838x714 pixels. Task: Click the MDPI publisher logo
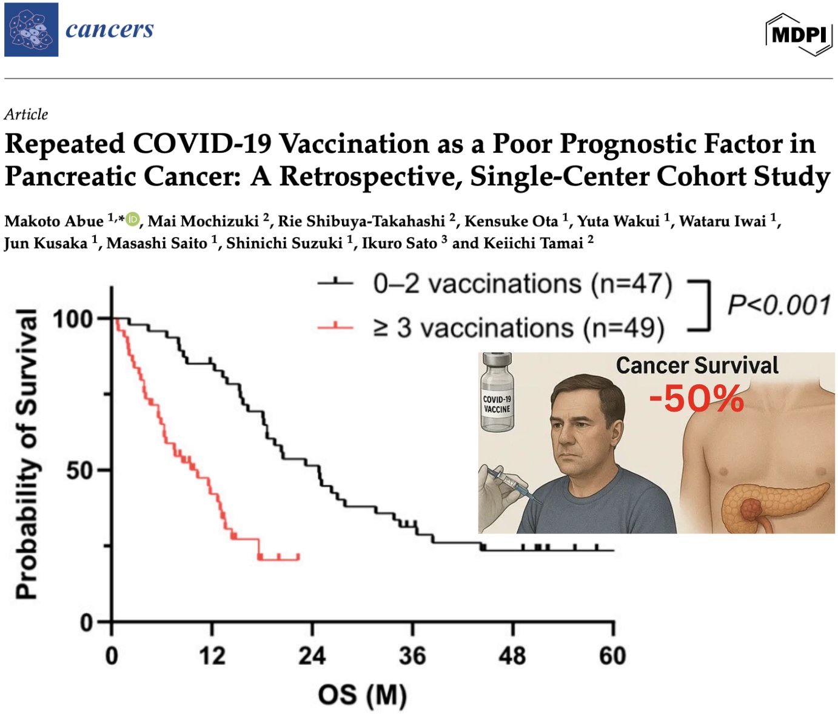(799, 34)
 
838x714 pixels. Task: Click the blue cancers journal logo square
(32, 30)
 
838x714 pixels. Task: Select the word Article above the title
(26, 114)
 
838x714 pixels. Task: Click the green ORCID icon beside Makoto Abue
(133, 219)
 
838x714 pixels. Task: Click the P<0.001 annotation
(779, 305)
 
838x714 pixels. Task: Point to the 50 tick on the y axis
(80, 470)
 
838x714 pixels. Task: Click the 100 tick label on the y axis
(73, 319)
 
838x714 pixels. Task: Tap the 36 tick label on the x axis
(412, 656)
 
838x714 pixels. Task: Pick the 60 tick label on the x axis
(612, 656)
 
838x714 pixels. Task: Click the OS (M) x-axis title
(362, 695)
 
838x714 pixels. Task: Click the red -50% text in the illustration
(696, 399)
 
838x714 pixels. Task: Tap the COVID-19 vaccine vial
(497, 394)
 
